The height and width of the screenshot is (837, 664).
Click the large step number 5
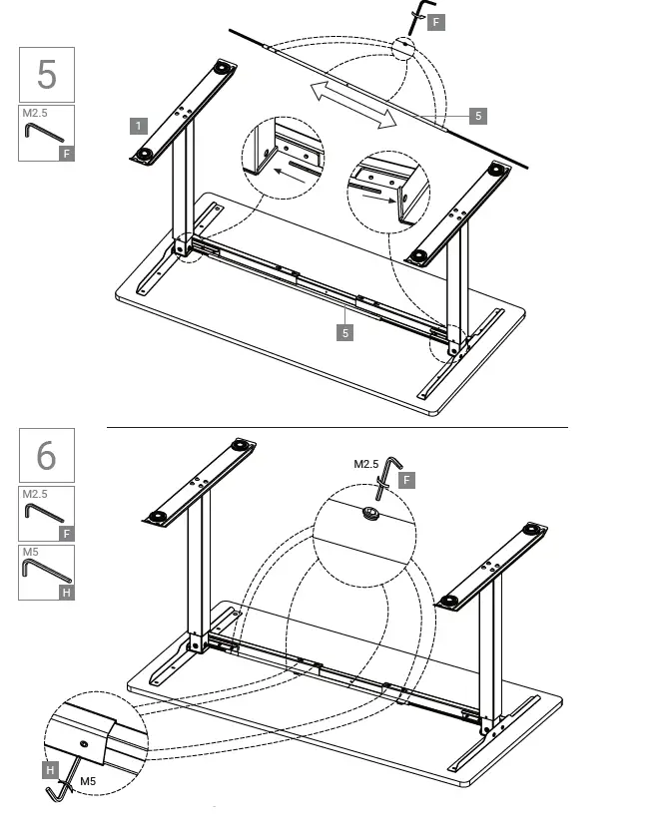click(46, 75)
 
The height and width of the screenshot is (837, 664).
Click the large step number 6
click(46, 456)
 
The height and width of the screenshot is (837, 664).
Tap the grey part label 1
click(139, 125)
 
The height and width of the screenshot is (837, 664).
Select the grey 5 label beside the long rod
click(478, 116)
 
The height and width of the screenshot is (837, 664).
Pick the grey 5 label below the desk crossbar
click(345, 332)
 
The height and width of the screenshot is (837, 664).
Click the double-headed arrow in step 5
click(351, 105)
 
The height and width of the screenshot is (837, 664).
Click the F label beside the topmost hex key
click(435, 21)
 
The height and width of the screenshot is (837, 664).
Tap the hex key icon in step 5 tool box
click(43, 132)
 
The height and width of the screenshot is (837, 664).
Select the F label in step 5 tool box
click(66, 154)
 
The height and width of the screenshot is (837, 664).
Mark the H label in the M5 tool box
click(66, 593)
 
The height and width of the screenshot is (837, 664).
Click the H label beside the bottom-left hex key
click(50, 769)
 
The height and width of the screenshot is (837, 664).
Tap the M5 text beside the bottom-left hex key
click(88, 780)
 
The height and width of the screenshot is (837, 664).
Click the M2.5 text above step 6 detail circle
click(366, 464)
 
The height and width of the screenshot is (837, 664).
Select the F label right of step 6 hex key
click(406, 480)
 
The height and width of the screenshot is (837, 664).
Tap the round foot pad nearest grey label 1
click(148, 155)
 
